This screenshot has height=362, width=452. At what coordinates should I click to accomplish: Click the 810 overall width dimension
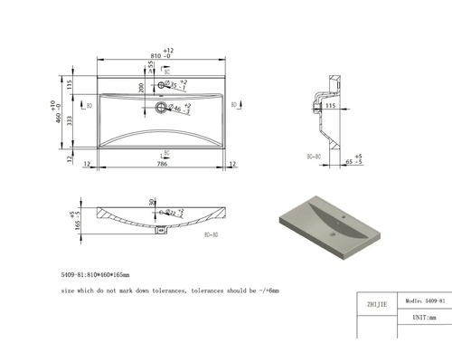point(160,56)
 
